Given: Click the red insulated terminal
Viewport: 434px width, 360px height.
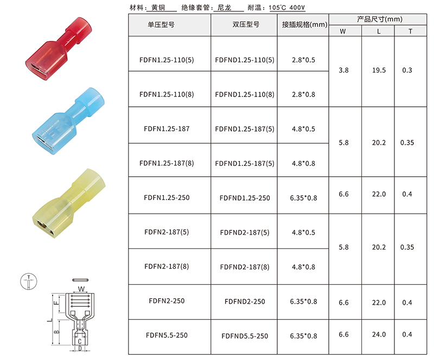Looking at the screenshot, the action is coord(59,49).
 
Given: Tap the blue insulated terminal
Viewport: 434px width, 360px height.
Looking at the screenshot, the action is coord(68,121).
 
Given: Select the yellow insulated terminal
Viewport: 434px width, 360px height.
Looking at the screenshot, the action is coord(69,203).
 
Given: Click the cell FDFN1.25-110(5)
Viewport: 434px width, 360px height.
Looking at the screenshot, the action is coord(167,60).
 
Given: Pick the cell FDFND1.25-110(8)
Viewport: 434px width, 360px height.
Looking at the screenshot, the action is coord(245,95).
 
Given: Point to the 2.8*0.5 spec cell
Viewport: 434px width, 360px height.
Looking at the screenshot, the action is coord(303,60).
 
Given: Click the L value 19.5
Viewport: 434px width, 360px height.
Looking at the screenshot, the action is coord(379,70).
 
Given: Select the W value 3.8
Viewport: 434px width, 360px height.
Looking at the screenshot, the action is coord(343,70).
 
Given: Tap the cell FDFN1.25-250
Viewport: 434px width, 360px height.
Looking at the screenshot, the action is coord(167,198).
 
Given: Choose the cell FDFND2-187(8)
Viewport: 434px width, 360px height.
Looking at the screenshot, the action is coord(245,267).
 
